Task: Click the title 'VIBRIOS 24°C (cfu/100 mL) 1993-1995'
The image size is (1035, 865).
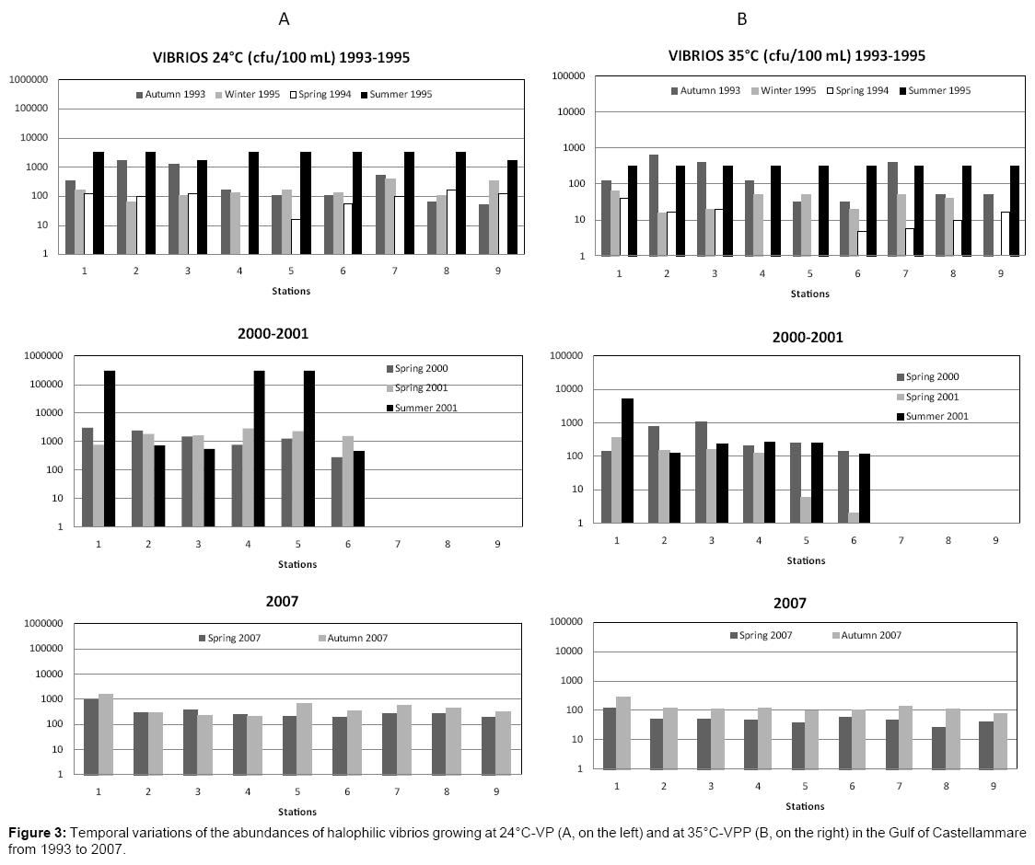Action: click(281, 57)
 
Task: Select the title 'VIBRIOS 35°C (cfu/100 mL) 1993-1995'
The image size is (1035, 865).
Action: click(797, 55)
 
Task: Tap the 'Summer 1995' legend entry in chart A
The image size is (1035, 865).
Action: click(400, 94)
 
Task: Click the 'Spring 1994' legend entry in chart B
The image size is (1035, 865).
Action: click(856, 90)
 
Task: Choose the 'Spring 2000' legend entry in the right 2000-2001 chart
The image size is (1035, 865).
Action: click(932, 376)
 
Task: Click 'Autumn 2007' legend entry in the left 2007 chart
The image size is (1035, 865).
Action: click(354, 638)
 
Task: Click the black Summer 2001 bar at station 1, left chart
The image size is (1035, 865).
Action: click(110, 448)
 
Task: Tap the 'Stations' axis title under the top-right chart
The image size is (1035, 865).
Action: click(809, 294)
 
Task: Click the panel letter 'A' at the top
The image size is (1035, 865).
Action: click(285, 17)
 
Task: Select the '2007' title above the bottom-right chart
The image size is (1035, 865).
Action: click(790, 604)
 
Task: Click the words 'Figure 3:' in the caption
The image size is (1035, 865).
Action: click(37, 833)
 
